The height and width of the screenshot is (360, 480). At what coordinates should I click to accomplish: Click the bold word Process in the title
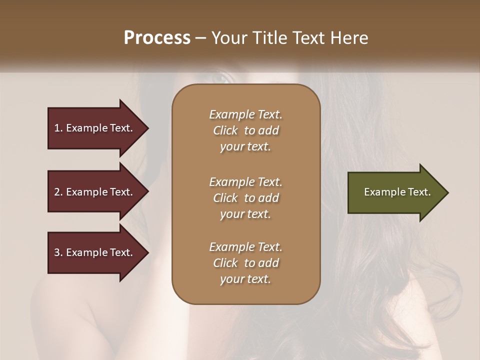click(x=157, y=38)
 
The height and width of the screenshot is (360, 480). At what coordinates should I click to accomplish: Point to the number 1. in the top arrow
click(x=58, y=128)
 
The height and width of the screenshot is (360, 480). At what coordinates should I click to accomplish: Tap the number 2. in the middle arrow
click(x=58, y=192)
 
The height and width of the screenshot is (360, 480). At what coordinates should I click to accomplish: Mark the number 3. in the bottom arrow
click(x=58, y=252)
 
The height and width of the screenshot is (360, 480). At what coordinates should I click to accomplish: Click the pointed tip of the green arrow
click(x=446, y=192)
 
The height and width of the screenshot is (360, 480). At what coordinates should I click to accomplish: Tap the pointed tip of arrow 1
click(x=146, y=128)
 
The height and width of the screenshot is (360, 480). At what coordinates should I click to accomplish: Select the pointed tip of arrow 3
click(x=146, y=252)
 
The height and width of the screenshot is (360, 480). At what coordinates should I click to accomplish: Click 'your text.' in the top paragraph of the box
click(x=245, y=147)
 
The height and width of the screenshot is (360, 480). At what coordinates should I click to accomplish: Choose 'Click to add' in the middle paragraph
click(x=245, y=198)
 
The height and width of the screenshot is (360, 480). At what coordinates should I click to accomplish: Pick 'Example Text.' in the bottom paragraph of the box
click(x=245, y=247)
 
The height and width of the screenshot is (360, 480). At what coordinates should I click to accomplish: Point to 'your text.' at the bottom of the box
click(x=245, y=279)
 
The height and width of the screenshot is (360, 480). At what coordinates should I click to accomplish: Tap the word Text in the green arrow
click(x=419, y=192)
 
